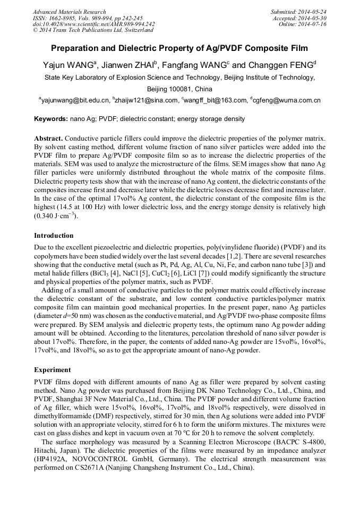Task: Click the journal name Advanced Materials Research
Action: pyautogui.click(x=69, y=12)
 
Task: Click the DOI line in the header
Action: pyautogui.click(x=93, y=24)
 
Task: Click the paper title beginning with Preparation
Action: pyautogui.click(x=179, y=48)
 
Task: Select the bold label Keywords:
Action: pyautogui.click(x=51, y=119)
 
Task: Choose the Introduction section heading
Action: pyautogui.click(x=54, y=235)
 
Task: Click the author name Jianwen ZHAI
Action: pyautogui.click(x=129, y=65)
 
